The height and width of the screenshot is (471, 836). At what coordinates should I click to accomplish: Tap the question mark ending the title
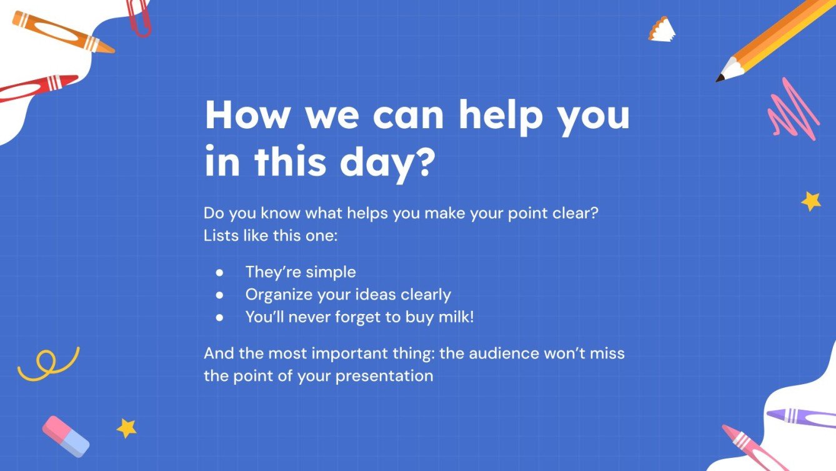(x=423, y=161)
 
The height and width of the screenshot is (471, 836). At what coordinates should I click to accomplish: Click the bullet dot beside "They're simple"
(x=219, y=273)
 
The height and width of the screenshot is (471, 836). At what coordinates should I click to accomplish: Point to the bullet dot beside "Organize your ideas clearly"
(x=219, y=295)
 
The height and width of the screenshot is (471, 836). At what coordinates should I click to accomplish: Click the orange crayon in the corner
(x=62, y=32)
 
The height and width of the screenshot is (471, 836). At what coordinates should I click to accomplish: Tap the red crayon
(x=37, y=88)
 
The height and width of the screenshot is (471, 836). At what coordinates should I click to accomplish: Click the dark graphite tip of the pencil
(x=720, y=79)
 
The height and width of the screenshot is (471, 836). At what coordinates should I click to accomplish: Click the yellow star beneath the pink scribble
(x=811, y=201)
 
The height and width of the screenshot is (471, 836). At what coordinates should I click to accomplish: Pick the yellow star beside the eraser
(x=127, y=428)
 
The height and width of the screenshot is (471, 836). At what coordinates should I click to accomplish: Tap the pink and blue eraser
(x=66, y=436)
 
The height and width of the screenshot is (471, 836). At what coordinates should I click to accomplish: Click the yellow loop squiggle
(x=47, y=364)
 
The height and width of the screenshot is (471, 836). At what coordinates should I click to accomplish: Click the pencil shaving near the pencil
(x=662, y=29)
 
